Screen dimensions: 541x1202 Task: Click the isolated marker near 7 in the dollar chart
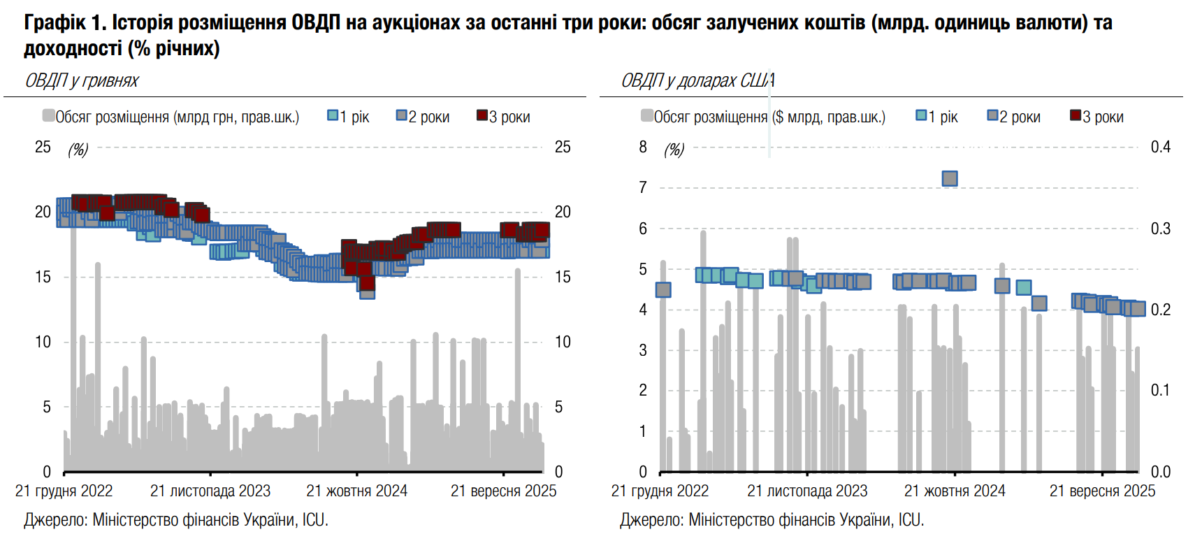[x=950, y=178]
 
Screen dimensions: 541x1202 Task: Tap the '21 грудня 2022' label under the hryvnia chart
[x=64, y=491]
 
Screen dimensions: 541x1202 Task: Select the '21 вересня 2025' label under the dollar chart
[x=1102, y=491]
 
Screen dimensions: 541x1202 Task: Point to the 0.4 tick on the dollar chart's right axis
[x=1160, y=147]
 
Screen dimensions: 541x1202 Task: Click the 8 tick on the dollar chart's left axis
[x=643, y=147]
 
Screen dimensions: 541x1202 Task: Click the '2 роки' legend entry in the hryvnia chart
[x=423, y=117]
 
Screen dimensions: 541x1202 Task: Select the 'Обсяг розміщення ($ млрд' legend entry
[x=763, y=117]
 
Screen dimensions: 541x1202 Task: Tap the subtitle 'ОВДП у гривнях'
[x=82, y=81]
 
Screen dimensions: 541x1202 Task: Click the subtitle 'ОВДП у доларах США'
[x=697, y=81]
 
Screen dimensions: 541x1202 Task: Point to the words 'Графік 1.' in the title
[x=64, y=23]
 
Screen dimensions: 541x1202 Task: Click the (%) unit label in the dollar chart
[x=674, y=150]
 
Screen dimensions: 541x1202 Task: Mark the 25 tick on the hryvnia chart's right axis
[x=563, y=147]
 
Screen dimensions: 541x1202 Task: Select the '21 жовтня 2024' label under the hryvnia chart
[x=356, y=491]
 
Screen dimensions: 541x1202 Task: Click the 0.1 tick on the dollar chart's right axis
[x=1160, y=390]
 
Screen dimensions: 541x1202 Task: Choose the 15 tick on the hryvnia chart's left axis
[x=43, y=277]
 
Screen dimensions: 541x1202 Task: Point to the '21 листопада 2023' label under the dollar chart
[x=807, y=491]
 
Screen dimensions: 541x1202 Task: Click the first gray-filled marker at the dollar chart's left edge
[x=663, y=289]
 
